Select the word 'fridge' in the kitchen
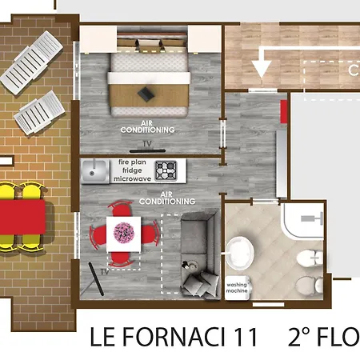pos(133,170)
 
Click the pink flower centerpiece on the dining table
pos(123,232)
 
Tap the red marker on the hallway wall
pos(283,111)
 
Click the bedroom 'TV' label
pos(146,145)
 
